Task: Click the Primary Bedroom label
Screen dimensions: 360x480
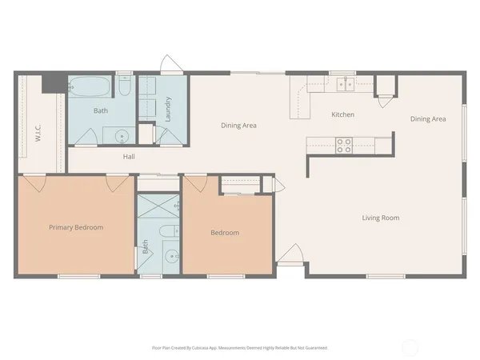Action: click(x=76, y=227)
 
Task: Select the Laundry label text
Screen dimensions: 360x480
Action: click(x=168, y=110)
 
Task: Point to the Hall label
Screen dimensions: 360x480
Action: click(x=129, y=157)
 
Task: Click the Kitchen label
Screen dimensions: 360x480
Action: click(x=342, y=115)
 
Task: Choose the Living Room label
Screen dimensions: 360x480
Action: click(x=380, y=218)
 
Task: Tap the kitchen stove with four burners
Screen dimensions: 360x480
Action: click(x=344, y=145)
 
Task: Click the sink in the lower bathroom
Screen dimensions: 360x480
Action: click(x=170, y=257)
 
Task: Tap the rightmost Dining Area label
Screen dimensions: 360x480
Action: click(x=428, y=119)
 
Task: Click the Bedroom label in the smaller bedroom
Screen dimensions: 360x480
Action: click(x=225, y=233)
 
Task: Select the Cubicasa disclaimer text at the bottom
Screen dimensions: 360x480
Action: click(x=239, y=348)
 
